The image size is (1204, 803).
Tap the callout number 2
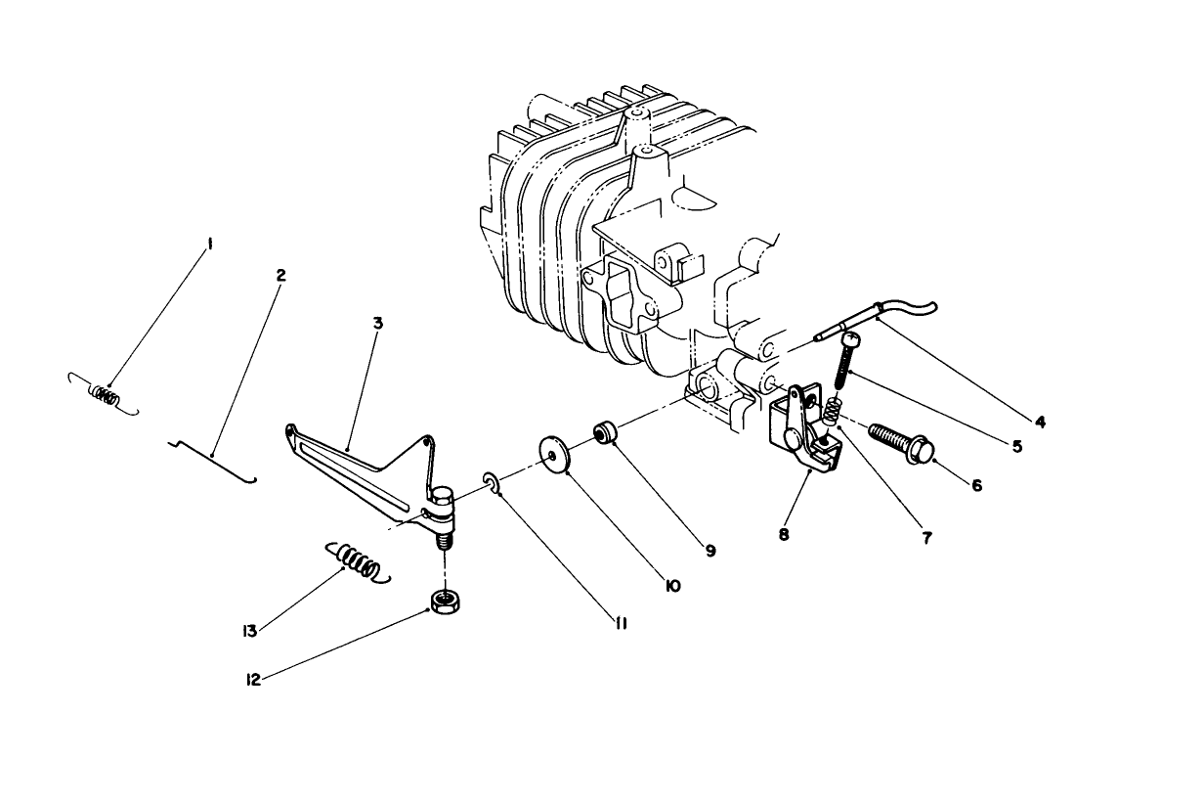280,275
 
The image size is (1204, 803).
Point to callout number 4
1040,423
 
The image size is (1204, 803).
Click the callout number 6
976,483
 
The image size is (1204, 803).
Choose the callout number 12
254,680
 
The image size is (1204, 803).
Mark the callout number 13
250,631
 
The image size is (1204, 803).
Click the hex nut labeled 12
446,601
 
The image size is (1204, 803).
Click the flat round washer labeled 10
556,456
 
